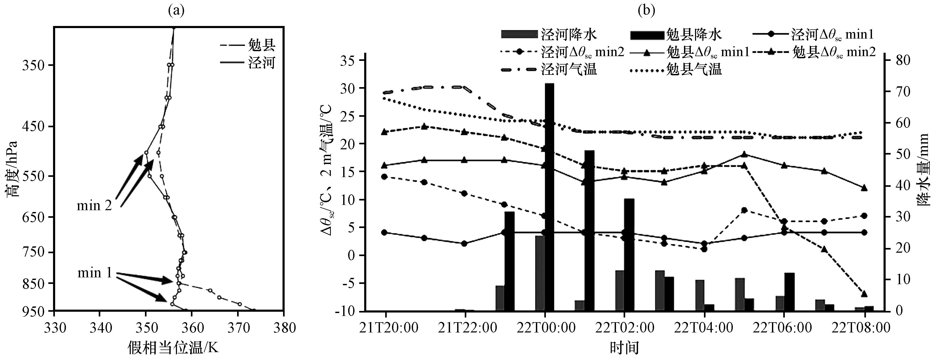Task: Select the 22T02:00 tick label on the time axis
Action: (x=625, y=328)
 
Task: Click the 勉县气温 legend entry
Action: (x=675, y=69)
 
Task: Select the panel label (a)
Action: (x=176, y=10)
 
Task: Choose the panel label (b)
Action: (x=646, y=10)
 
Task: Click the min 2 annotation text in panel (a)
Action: (x=94, y=206)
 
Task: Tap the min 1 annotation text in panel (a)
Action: (x=95, y=273)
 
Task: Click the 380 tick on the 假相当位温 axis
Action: (x=284, y=328)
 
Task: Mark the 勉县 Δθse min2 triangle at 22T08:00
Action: (x=864, y=294)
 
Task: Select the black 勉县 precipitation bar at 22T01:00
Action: (x=589, y=231)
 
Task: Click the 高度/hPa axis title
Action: (x=12, y=169)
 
